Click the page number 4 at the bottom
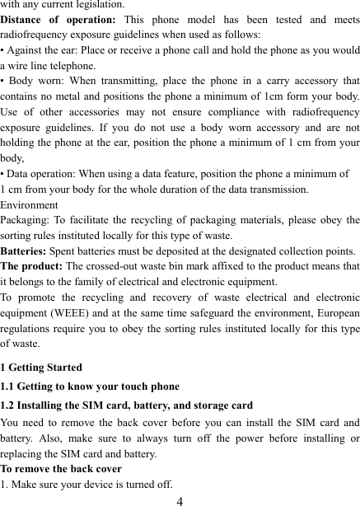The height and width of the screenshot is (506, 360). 179,499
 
